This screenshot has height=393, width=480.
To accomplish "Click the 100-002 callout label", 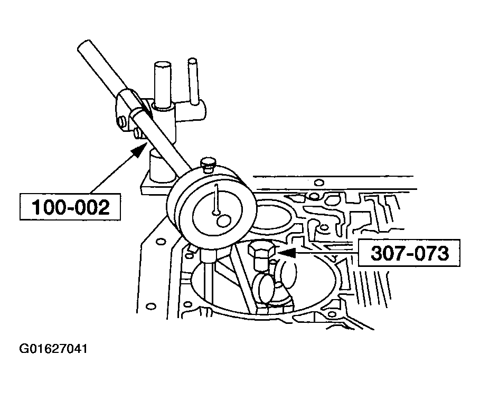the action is tap(70, 207).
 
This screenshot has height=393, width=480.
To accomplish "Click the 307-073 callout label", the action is tap(409, 253).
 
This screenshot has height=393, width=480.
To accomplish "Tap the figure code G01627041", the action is tap(53, 349).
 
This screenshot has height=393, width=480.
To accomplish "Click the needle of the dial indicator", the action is tap(217, 199).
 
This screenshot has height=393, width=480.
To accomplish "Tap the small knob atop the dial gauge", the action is tap(208, 162).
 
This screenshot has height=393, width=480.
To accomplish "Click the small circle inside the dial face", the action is tap(224, 221).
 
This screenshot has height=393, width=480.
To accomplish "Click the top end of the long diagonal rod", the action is tap(83, 45).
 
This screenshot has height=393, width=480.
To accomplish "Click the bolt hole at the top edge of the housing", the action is tap(319, 183).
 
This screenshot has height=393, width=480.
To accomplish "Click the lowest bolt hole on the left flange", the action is tap(150, 306).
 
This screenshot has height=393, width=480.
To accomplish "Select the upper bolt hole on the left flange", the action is tap(160, 242).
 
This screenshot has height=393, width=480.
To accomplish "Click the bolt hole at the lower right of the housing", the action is tap(332, 314).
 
